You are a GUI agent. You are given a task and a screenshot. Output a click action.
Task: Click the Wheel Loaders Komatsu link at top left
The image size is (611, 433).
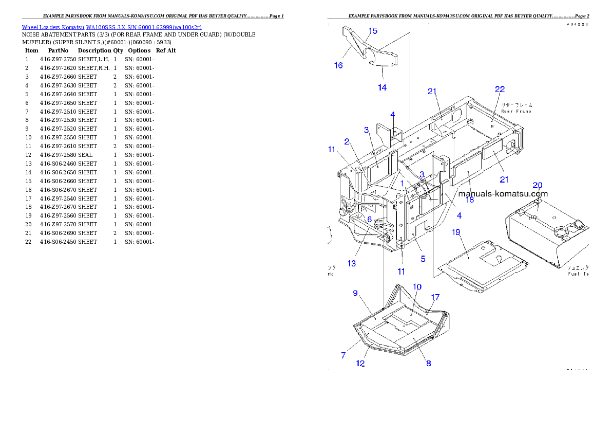(111, 27)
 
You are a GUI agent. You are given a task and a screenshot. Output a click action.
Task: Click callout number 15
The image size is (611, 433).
(373, 31)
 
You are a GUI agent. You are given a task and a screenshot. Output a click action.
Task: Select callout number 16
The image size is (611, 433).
(338, 65)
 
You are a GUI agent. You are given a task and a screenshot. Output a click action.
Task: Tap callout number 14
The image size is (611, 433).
(382, 87)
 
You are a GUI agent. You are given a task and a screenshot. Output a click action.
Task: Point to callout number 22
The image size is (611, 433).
(500, 89)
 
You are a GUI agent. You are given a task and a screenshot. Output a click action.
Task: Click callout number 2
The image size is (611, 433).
(347, 141)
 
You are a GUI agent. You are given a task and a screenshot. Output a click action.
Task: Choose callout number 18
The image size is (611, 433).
(469, 200)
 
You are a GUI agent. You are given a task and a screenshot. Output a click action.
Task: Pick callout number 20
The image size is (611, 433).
(537, 185)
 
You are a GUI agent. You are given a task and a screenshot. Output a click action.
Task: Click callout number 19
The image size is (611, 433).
(456, 232)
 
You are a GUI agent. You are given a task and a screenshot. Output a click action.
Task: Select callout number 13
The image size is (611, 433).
(352, 263)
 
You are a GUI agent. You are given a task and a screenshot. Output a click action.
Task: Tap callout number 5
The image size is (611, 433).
(423, 259)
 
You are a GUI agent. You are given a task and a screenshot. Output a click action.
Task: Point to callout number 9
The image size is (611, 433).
(355, 293)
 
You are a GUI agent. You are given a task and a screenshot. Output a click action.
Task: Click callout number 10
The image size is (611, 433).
(417, 286)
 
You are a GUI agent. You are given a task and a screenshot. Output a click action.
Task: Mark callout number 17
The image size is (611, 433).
(435, 297)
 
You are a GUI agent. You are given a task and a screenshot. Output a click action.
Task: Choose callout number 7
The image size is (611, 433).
(343, 355)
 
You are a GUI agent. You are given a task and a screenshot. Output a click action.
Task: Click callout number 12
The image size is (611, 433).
(360, 364)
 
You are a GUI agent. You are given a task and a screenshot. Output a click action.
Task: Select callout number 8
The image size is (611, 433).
(429, 363)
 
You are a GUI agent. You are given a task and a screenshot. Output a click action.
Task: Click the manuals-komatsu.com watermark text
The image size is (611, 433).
(503, 194)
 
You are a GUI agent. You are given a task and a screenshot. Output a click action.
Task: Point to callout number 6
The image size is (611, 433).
(369, 219)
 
